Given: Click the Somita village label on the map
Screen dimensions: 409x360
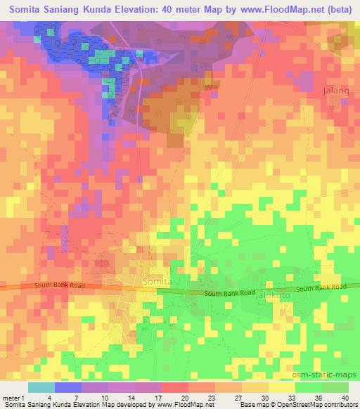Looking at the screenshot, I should click(x=157, y=282).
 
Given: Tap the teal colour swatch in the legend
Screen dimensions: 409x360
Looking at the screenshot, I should click(x=41, y=387).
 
